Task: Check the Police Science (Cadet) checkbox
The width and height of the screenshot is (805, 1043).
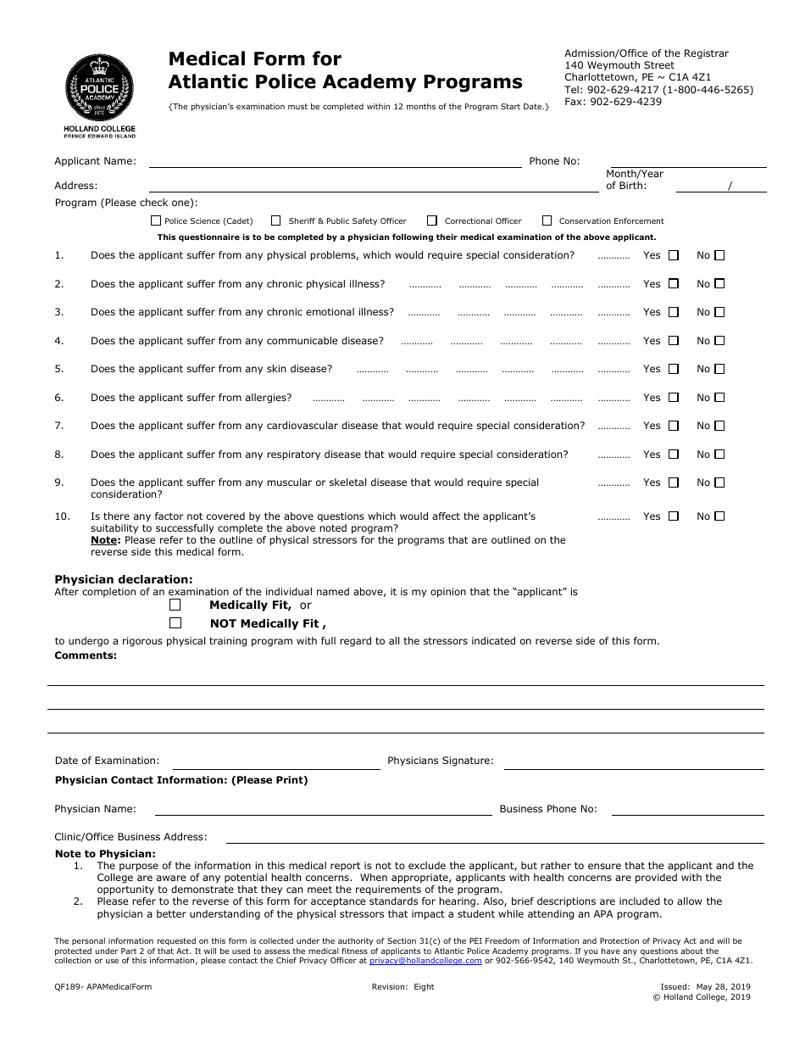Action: coord(156,220)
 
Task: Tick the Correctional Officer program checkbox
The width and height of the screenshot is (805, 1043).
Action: coord(432,220)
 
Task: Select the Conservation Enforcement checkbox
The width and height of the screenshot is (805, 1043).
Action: coord(547,220)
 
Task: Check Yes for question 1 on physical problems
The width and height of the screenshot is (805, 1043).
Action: coord(674,255)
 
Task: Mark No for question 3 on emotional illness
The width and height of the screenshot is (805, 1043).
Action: coord(719,312)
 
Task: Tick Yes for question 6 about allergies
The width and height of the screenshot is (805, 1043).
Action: coord(674,398)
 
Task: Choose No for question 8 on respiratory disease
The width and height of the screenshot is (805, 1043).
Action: coord(719,455)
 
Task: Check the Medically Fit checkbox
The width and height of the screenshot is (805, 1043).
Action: coord(175,605)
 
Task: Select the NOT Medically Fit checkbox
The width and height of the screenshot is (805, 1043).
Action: coord(175,623)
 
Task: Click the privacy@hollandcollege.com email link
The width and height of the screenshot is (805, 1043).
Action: coord(425,961)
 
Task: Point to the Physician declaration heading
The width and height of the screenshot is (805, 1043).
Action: coord(124,580)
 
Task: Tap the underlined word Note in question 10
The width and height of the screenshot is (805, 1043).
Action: coord(104,540)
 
